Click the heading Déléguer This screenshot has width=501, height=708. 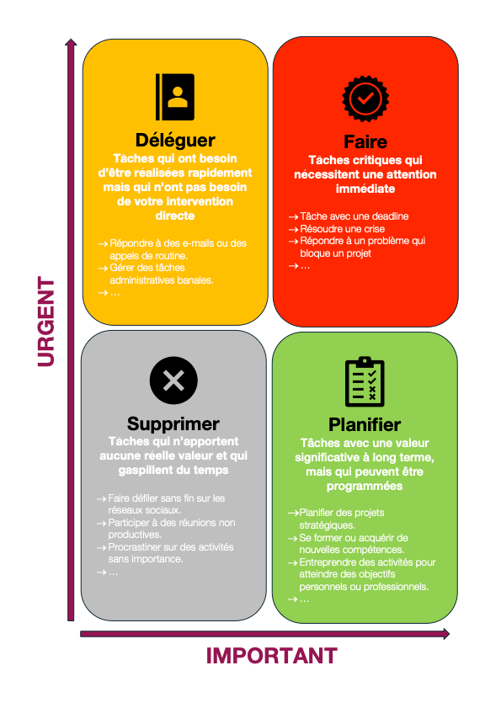(175, 141)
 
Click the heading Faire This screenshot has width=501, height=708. (365, 141)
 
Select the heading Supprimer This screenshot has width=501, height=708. (173, 424)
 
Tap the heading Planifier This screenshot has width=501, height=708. (365, 425)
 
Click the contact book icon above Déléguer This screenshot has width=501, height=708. (175, 97)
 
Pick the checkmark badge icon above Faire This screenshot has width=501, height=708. (365, 98)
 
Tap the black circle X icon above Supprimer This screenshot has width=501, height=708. (173, 381)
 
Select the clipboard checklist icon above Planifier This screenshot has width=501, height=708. (365, 381)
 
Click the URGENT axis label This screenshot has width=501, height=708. (46, 322)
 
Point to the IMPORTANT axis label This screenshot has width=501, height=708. (272, 656)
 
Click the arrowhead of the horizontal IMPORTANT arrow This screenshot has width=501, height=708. (446, 634)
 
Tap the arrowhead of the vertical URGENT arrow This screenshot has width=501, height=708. (71, 42)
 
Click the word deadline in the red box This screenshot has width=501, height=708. (391, 216)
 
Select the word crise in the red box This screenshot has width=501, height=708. (374, 229)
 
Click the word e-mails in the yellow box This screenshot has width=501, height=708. (199, 243)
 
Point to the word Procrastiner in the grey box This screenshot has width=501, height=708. (133, 547)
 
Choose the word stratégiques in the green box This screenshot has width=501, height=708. (328, 525)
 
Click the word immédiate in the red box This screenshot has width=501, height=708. (365, 189)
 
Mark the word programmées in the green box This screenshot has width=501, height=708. (365, 487)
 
